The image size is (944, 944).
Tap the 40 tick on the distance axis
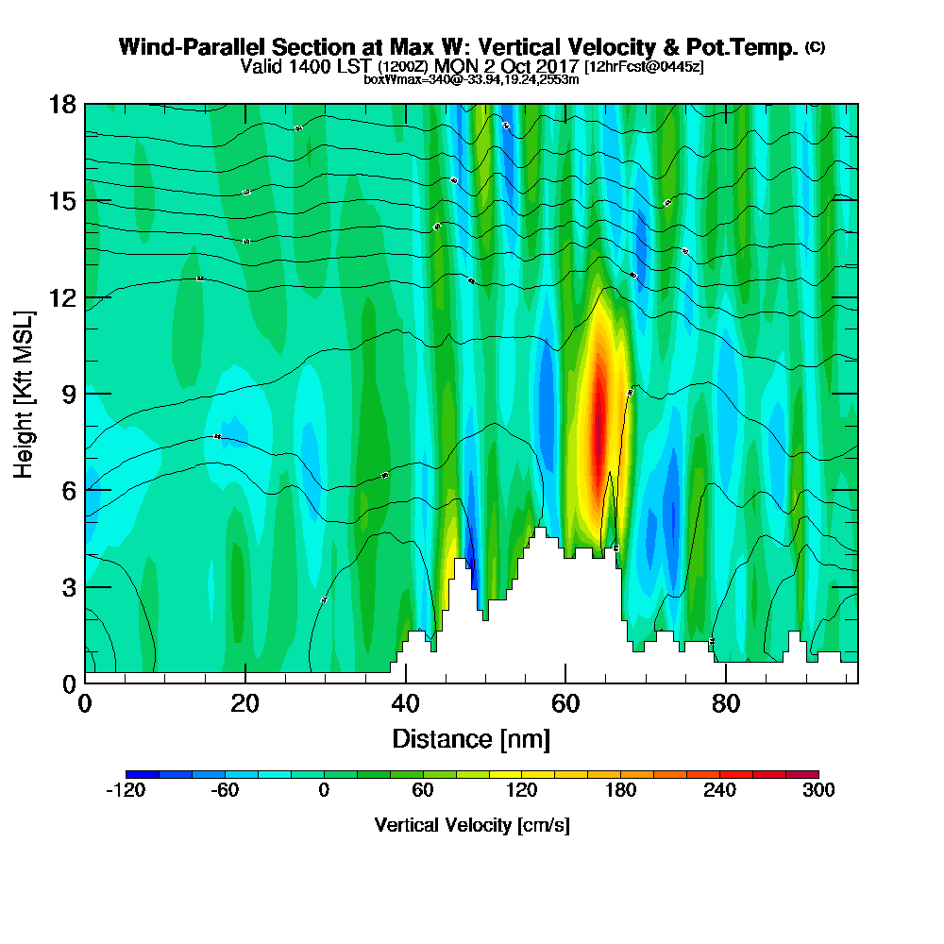[405, 703]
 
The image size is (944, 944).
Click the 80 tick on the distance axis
[725, 703]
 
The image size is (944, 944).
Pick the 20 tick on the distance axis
[244, 703]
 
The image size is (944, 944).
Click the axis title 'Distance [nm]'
[471, 737]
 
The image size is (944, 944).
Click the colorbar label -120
[126, 791]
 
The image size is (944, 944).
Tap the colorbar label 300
[818, 791]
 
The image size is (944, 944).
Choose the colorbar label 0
[324, 791]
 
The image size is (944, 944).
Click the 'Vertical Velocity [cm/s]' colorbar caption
[472, 825]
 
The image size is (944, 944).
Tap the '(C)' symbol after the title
[815, 46]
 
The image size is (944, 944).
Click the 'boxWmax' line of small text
[471, 79]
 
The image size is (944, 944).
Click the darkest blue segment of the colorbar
[142, 774]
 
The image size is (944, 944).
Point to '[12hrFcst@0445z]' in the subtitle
[644, 67]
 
